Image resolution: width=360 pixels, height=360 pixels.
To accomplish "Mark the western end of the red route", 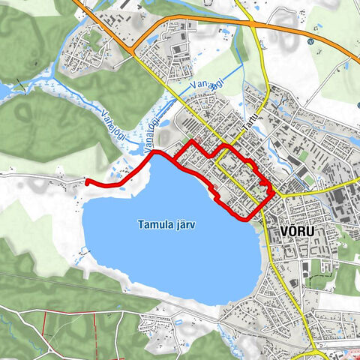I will point(87,181).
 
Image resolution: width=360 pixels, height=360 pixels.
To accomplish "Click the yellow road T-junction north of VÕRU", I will point(277,194).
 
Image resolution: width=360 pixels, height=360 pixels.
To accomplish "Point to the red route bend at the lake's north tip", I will point(155,152).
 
